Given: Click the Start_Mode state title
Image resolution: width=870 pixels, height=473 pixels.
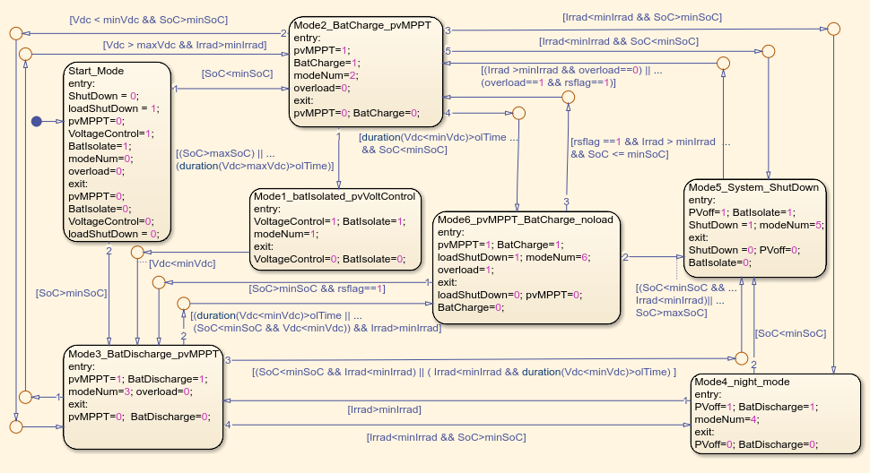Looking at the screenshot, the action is pyautogui.click(x=96, y=71).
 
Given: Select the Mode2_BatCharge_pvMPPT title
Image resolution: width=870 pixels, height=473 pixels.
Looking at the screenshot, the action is pyautogui.click(x=361, y=25).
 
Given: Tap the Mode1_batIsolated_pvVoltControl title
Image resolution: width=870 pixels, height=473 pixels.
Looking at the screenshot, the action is pyautogui.click(x=334, y=196).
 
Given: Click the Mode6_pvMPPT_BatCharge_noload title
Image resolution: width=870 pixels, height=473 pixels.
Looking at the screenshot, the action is pyautogui.click(x=525, y=219).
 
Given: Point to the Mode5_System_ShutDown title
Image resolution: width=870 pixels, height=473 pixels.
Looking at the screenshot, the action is pyautogui.click(x=753, y=187).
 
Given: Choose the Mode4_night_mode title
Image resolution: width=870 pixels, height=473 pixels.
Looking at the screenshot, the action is pyautogui.click(x=742, y=382).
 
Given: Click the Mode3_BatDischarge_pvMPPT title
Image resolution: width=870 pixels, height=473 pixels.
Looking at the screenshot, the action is pyautogui.click(x=144, y=354).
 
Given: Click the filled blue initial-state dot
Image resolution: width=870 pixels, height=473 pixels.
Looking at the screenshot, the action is pyautogui.click(x=37, y=121).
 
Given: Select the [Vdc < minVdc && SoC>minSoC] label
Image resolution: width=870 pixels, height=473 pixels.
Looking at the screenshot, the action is pyautogui.click(x=149, y=20).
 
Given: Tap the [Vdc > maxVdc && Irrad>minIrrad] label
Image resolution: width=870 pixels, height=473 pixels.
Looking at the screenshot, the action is pyautogui.click(x=185, y=45).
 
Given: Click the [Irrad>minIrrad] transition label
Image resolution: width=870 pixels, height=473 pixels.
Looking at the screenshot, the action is pyautogui.click(x=384, y=410).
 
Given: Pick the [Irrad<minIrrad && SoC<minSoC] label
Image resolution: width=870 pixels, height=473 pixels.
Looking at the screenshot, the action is pyautogui.click(x=619, y=41).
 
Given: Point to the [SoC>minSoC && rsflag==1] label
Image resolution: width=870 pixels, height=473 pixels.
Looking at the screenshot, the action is pyautogui.click(x=317, y=288).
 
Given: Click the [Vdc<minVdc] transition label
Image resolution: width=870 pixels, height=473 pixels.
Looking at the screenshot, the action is pyautogui.click(x=182, y=263).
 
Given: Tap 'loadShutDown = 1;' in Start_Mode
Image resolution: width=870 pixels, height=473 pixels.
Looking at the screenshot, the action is pyautogui.click(x=114, y=108).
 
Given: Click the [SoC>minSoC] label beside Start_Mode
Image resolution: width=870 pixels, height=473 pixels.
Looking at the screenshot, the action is pyautogui.click(x=71, y=293).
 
